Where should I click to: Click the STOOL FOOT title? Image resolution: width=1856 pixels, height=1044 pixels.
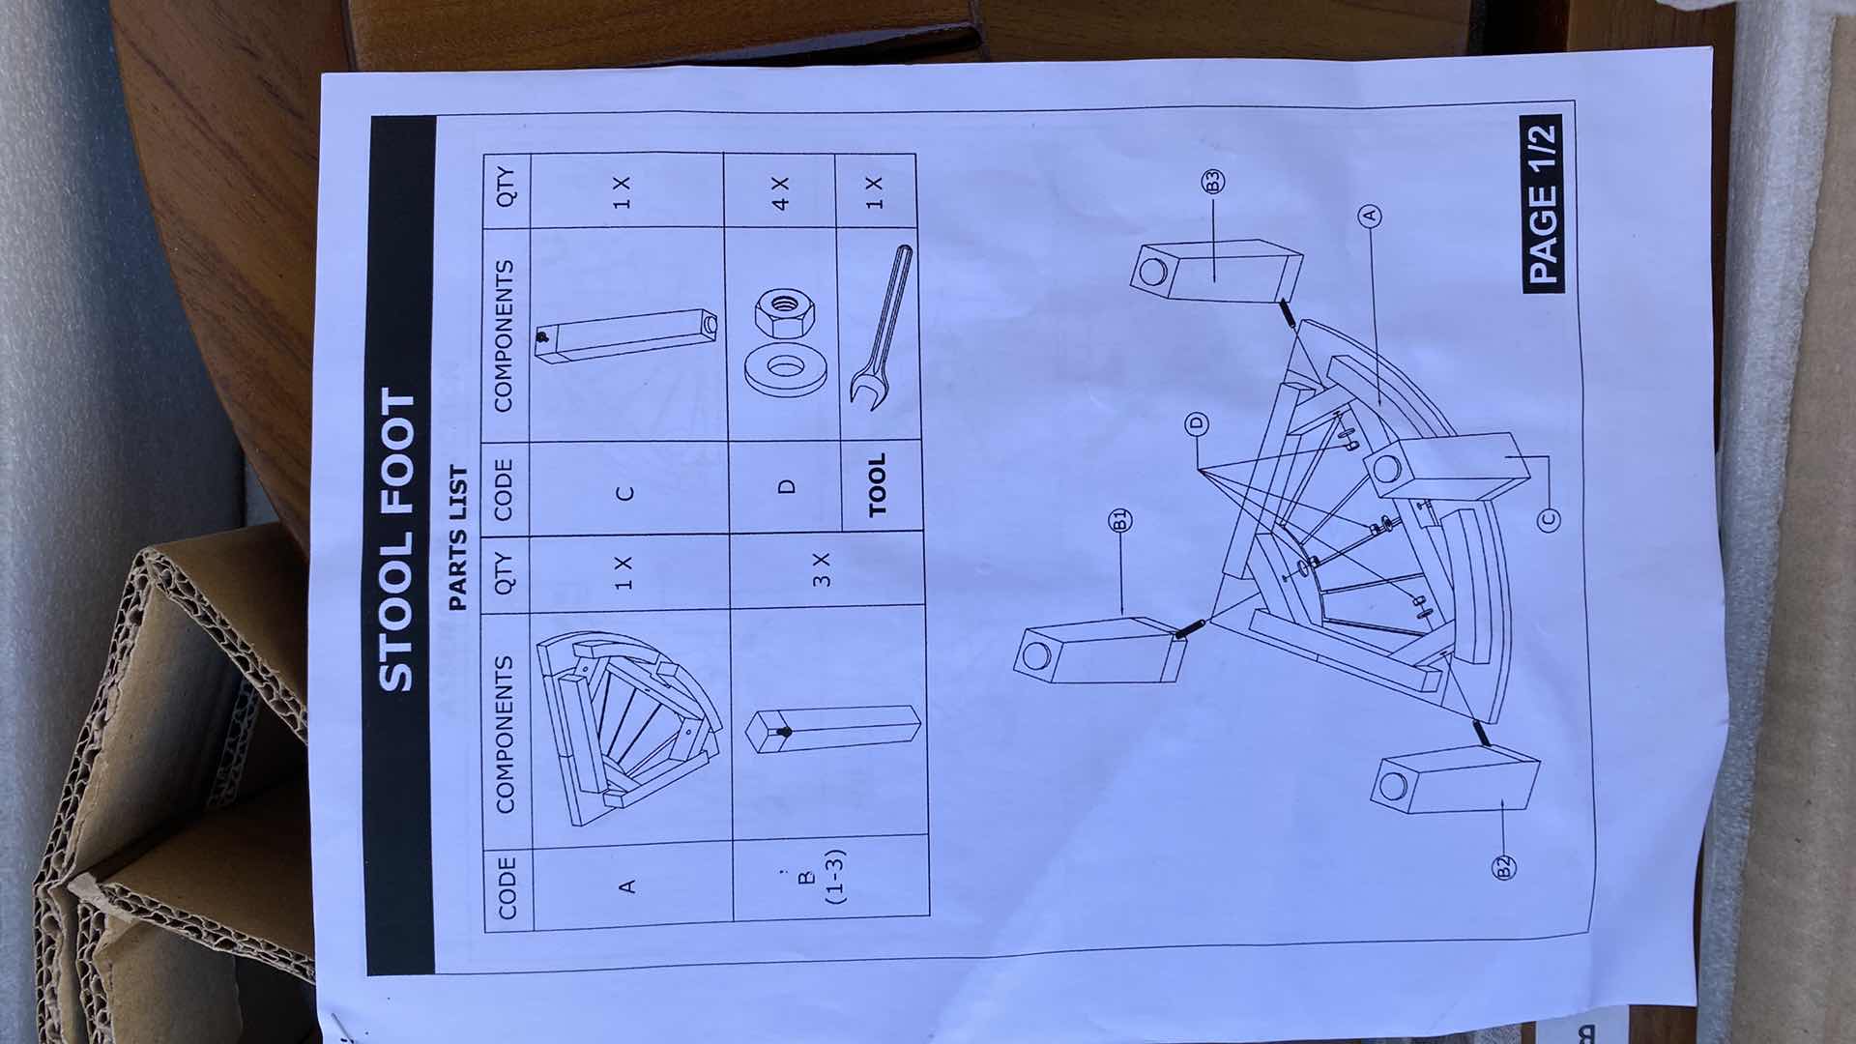(395, 540)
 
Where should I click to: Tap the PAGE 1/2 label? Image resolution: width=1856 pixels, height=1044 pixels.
(1543, 202)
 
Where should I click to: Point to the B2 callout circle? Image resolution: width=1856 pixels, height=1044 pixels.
(1504, 867)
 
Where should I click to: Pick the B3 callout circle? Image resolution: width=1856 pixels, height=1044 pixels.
(1212, 181)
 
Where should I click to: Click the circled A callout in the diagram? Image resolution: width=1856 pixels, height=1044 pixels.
(1370, 216)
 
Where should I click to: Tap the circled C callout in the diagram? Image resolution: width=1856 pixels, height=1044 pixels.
(1548, 520)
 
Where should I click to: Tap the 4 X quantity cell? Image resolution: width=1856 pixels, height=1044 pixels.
(781, 192)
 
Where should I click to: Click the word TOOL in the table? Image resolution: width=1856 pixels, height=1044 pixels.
(877, 485)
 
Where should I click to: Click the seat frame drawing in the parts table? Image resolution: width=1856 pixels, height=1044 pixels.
(629, 726)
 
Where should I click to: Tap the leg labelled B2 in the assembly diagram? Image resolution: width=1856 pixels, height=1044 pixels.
(1454, 785)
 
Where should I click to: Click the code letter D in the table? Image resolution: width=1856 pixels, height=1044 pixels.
(788, 486)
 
